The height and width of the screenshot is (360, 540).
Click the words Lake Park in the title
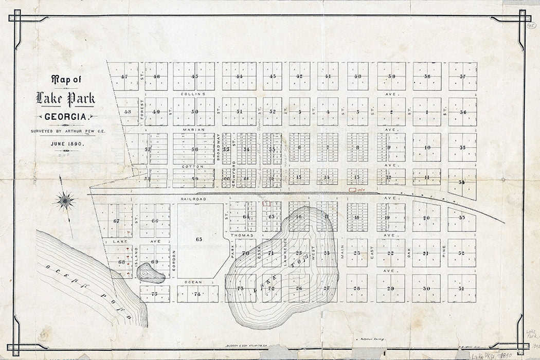pyautogui.click(x=65, y=98)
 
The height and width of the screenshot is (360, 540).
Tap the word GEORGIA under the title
pyautogui.click(x=65, y=117)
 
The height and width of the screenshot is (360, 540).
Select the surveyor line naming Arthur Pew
pyautogui.click(x=65, y=131)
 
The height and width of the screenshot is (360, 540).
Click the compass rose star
pyautogui.click(x=65, y=200)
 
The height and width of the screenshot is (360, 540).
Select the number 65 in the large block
pyautogui.click(x=199, y=239)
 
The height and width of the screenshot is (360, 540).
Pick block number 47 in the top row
pyautogui.click(x=124, y=77)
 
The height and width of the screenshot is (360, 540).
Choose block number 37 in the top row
pyautogui.click(x=462, y=77)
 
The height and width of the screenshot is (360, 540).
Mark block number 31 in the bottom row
pyautogui.click(x=461, y=289)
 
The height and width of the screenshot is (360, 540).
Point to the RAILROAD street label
pyautogui.click(x=193, y=199)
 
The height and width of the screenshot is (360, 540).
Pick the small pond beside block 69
pyautogui.click(x=150, y=273)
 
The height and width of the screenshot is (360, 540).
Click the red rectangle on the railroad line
pyautogui.click(x=353, y=190)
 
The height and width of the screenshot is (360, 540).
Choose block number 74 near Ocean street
pyautogui.click(x=197, y=294)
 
